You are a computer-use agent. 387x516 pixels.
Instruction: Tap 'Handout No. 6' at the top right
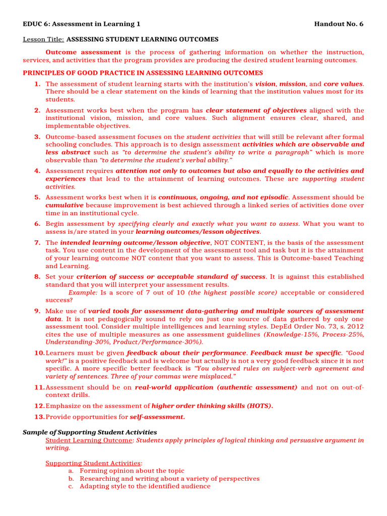coord(338,24)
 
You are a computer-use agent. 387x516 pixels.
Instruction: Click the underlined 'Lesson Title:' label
coord(44,39)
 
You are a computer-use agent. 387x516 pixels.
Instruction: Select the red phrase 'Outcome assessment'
coord(83,52)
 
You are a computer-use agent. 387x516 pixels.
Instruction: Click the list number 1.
coord(38,84)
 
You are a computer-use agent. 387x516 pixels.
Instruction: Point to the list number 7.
coord(38,242)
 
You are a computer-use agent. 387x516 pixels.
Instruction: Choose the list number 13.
coord(40,417)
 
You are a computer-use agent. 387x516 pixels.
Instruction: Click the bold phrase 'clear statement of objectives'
coord(256,110)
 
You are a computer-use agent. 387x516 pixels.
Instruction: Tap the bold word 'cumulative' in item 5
coord(64,206)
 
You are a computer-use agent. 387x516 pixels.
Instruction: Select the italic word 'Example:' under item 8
coord(83,292)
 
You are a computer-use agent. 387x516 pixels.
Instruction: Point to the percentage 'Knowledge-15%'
coord(287,334)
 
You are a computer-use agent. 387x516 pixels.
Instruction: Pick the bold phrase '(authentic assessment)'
coord(257,387)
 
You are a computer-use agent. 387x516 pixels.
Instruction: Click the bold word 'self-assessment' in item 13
coord(157,417)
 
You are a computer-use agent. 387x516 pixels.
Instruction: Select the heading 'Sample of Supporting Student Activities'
coord(90,432)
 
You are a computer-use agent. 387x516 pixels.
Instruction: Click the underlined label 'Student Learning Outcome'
coord(89,440)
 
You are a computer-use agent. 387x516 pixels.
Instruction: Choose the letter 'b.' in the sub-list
coord(71,479)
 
